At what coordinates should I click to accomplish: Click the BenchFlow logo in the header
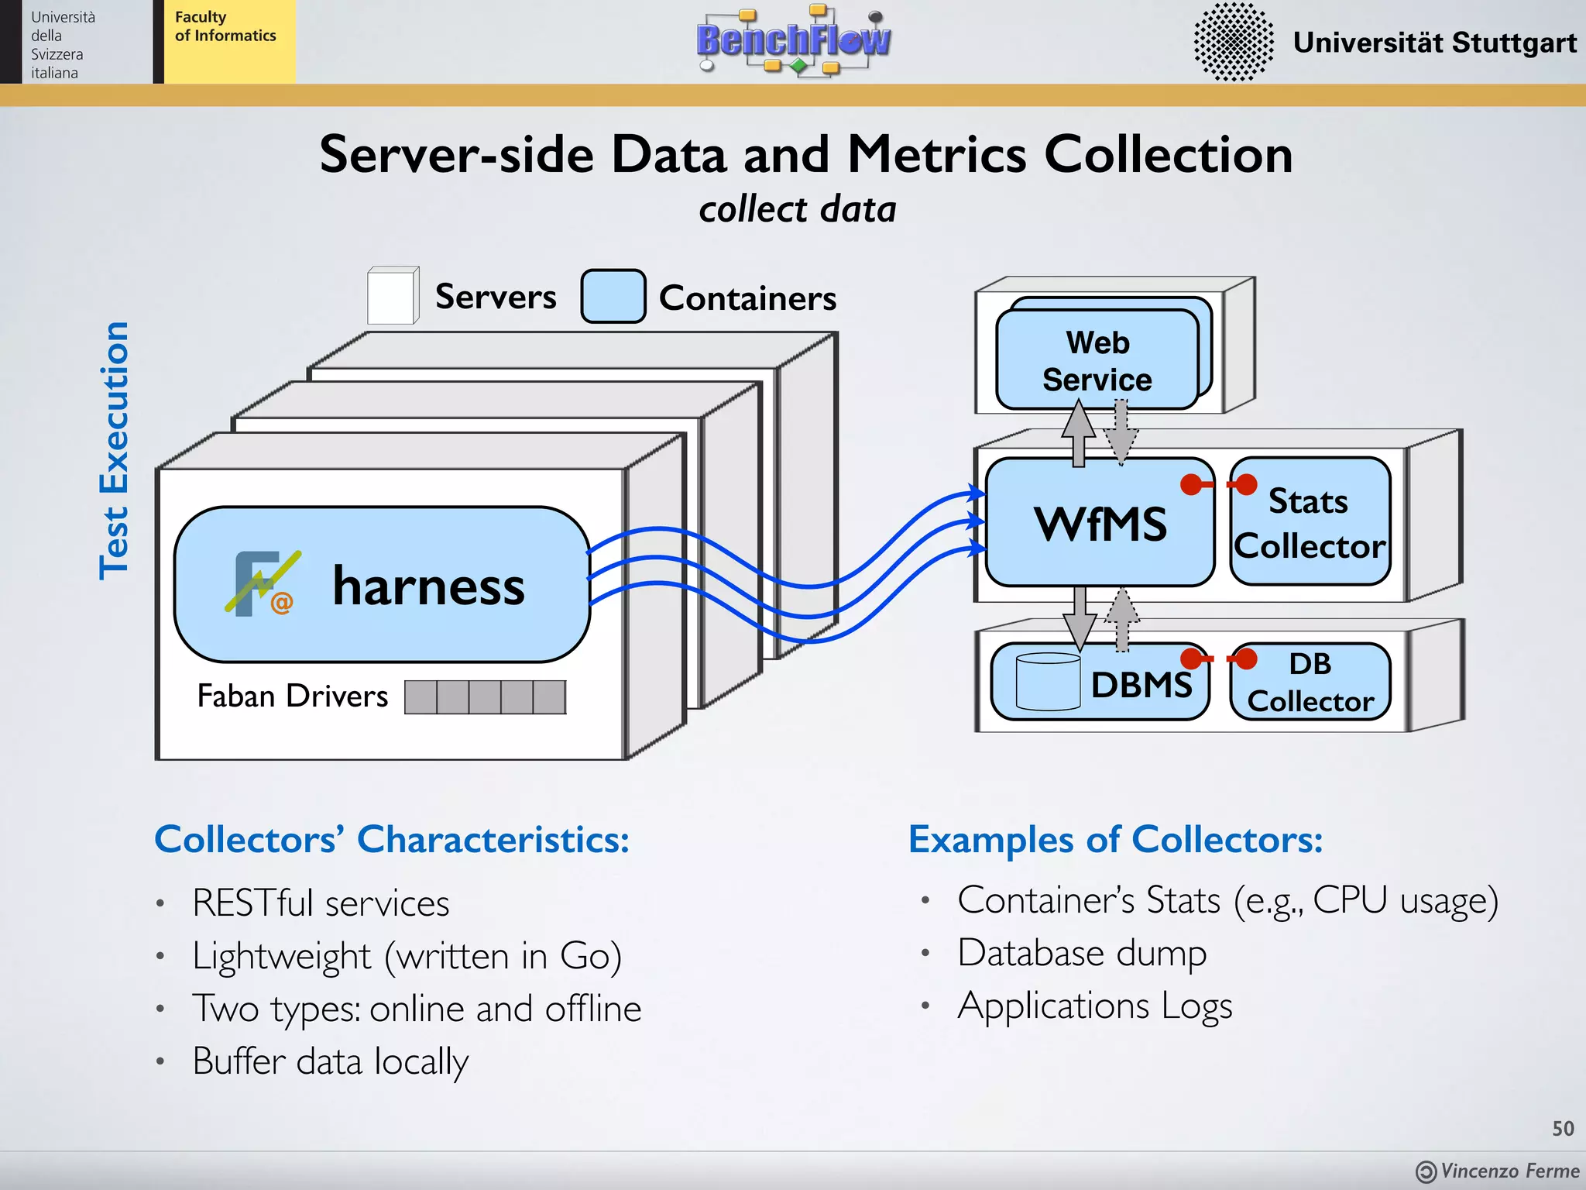(x=793, y=40)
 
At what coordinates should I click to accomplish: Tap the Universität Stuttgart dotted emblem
(x=1233, y=42)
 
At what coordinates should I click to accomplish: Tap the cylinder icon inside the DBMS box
(x=1048, y=682)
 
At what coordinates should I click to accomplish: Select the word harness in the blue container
(x=428, y=586)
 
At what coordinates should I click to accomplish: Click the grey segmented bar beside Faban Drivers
(x=485, y=697)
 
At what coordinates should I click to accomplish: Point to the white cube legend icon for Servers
(x=392, y=296)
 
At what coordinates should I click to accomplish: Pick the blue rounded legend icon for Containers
(x=613, y=296)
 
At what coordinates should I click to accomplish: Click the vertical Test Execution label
(x=115, y=451)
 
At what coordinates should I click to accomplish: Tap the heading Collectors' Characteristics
(x=392, y=839)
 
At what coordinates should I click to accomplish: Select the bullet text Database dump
(x=1081, y=953)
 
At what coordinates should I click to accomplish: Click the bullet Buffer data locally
(x=330, y=1061)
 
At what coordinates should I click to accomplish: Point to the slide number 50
(x=1562, y=1129)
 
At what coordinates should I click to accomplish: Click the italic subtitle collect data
(x=797, y=210)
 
